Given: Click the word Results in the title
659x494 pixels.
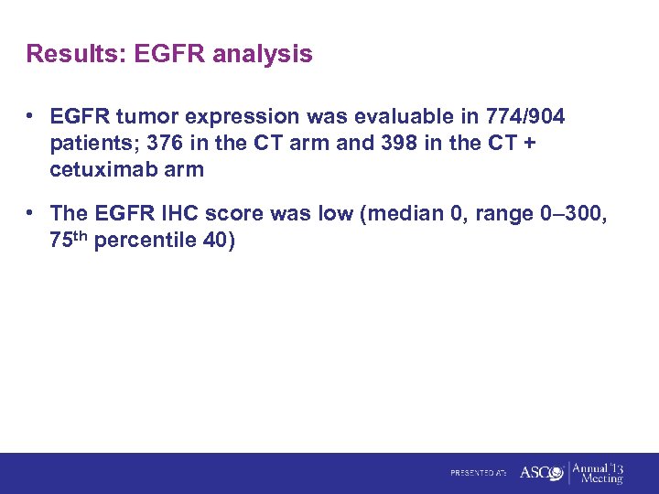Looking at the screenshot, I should click(76, 54).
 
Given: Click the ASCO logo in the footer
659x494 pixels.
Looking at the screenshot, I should click(541, 473).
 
